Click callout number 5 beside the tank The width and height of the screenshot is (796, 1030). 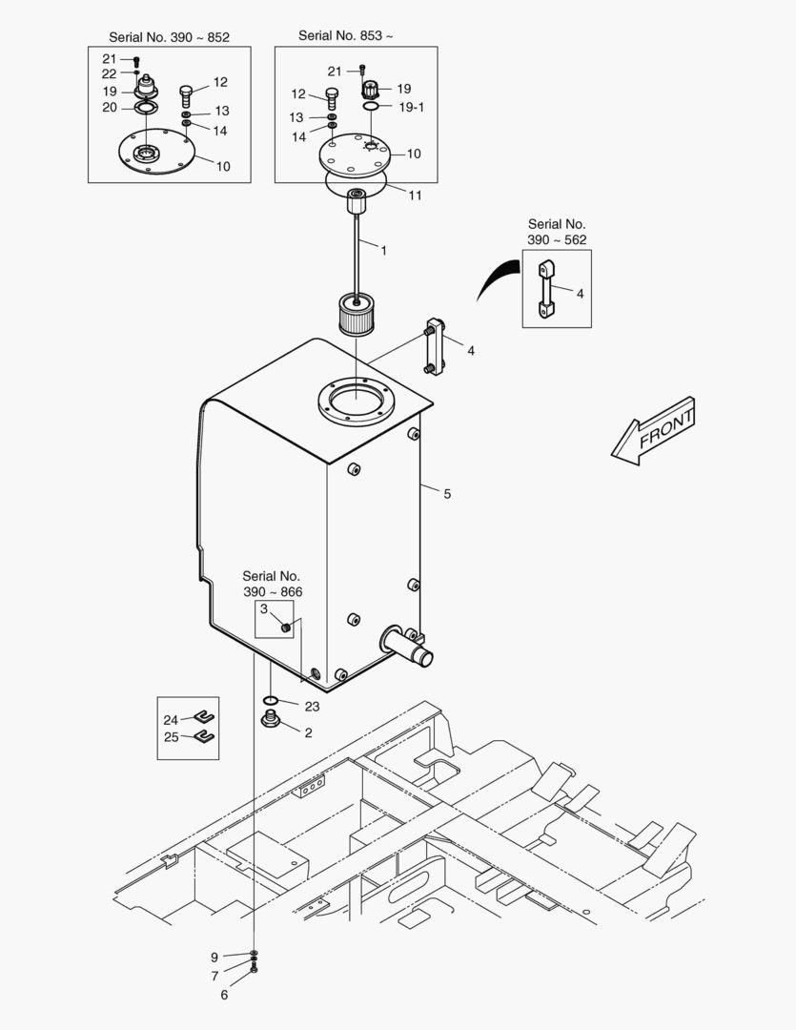pos(447,494)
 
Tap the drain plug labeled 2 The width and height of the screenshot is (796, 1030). pos(270,718)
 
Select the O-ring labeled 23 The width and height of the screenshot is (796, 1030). pos(272,700)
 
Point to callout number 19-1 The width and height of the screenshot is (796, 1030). pos(412,108)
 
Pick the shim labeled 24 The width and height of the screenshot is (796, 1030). pos(203,718)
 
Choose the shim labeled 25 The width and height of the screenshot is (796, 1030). pos(203,735)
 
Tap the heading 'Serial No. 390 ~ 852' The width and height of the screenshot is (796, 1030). pos(169,37)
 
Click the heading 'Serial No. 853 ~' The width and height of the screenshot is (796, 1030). pos(345,35)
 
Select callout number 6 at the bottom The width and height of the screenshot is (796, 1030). pos(225,995)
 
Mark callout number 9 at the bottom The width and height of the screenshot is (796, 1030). pos(214,957)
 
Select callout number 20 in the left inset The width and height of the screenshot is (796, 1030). pos(110,107)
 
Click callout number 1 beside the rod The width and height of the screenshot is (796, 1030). pos(383,251)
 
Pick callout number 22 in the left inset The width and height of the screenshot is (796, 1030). pos(110,74)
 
